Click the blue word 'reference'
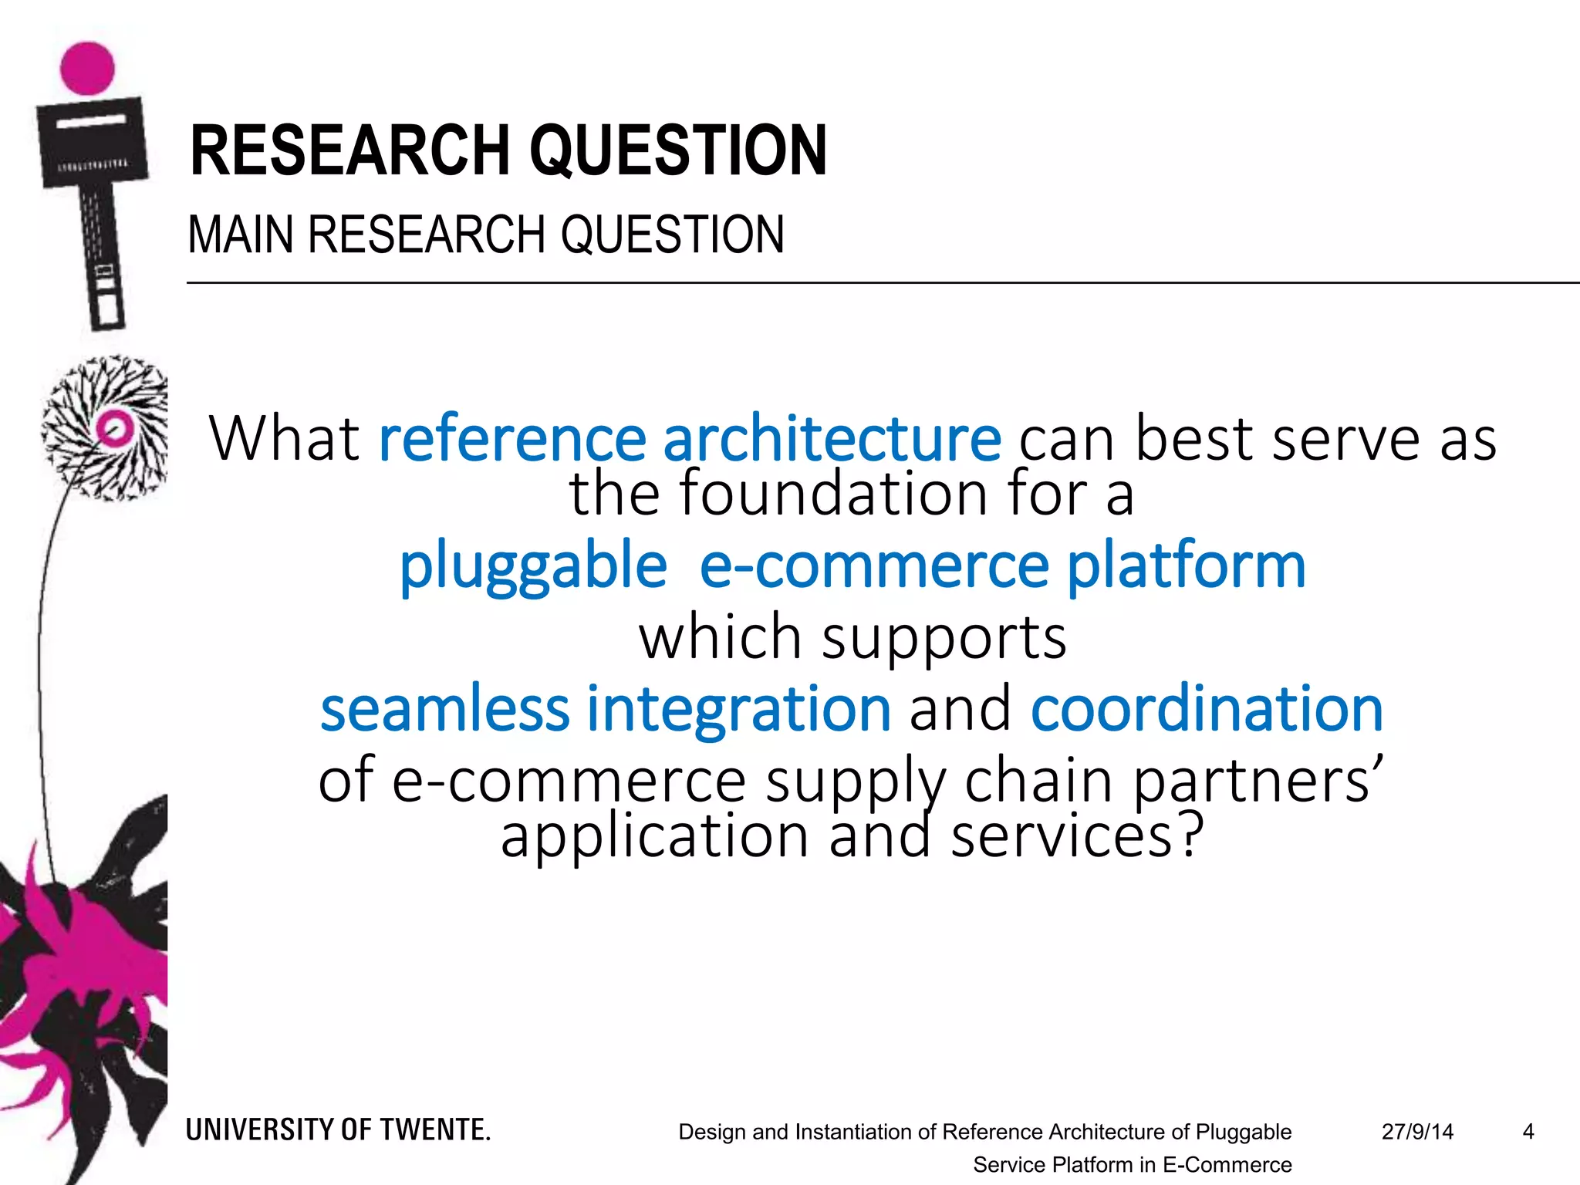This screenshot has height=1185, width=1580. click(x=512, y=438)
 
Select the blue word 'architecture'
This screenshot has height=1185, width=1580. click(x=832, y=438)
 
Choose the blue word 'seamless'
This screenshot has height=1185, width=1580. click(x=445, y=709)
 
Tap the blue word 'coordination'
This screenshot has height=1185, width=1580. click(x=1207, y=709)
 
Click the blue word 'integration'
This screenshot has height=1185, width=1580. click(x=739, y=709)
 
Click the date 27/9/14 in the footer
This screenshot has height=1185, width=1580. click(x=1417, y=1132)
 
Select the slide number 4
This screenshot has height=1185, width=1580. click(x=1528, y=1132)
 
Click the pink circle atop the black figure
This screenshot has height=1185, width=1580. click(x=87, y=67)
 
